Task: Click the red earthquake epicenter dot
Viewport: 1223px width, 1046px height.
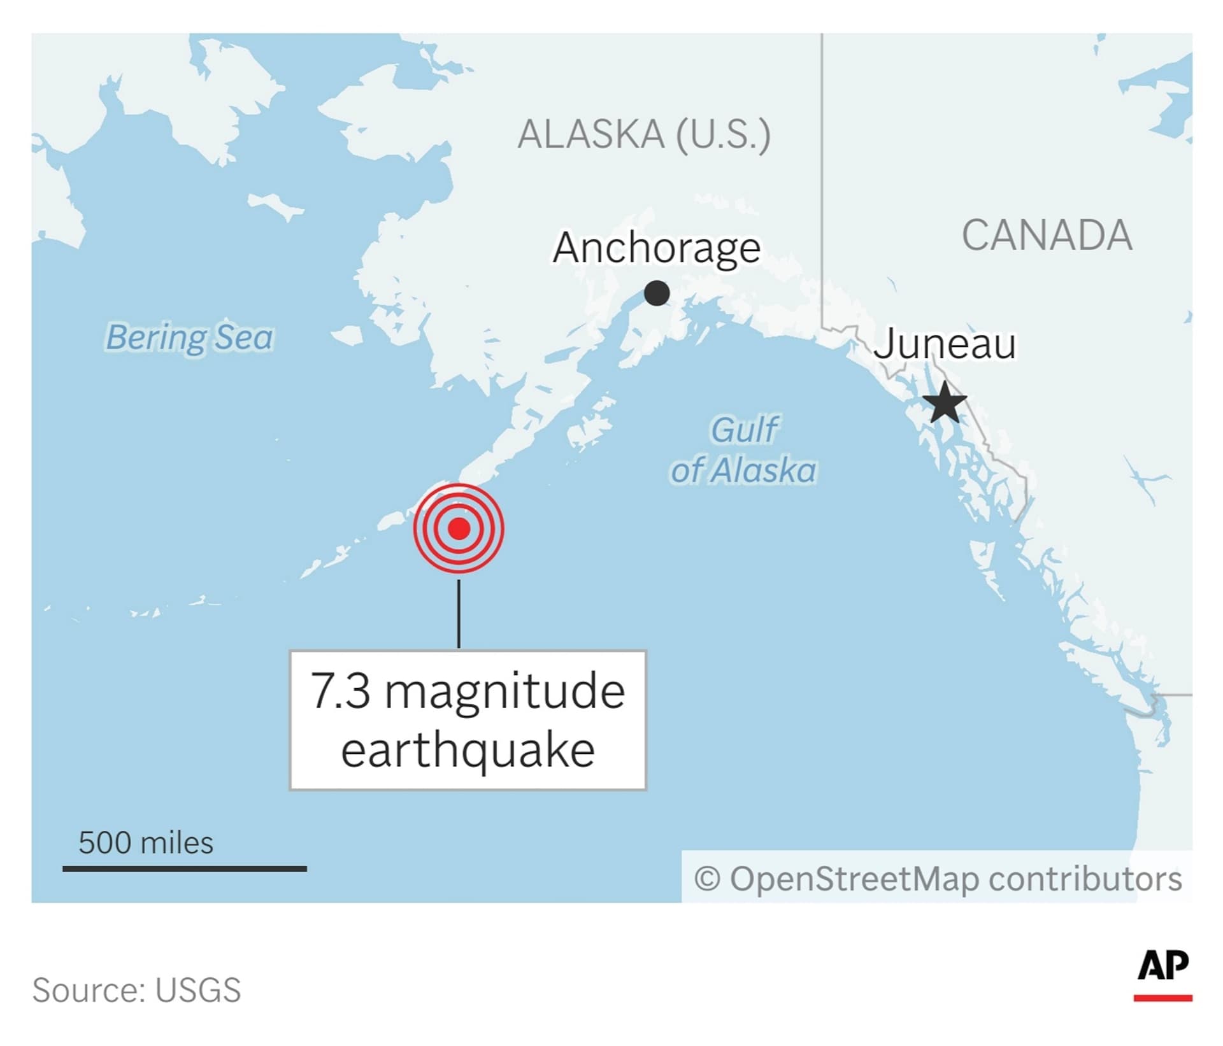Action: pyautogui.click(x=459, y=528)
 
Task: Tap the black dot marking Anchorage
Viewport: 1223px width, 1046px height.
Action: pyautogui.click(x=657, y=293)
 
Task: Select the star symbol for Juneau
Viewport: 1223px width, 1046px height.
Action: pyautogui.click(x=945, y=402)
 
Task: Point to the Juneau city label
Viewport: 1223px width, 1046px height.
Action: pyautogui.click(x=945, y=344)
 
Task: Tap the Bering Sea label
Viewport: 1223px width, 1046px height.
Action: pyautogui.click(x=189, y=337)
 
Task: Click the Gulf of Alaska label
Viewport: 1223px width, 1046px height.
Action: pyautogui.click(x=744, y=450)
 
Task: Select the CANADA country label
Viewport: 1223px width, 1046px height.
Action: pyautogui.click(x=1047, y=236)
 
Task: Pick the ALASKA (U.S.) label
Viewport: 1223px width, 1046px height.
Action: pyautogui.click(x=644, y=134)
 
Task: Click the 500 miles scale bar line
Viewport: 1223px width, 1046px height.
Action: pyautogui.click(x=185, y=868)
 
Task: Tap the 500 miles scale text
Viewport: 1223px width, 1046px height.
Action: pyautogui.click(x=146, y=842)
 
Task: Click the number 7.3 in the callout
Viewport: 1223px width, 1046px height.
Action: pyautogui.click(x=340, y=691)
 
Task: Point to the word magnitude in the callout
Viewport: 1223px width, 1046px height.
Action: pyautogui.click(x=504, y=691)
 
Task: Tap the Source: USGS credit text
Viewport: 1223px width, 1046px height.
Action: pyautogui.click(x=137, y=990)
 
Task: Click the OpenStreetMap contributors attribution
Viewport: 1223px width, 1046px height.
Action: pyautogui.click(x=955, y=879)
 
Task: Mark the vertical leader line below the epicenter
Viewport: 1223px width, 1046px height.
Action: pyautogui.click(x=459, y=613)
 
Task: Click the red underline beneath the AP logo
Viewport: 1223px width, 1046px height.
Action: pyautogui.click(x=1163, y=998)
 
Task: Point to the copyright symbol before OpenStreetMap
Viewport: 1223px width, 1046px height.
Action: pyautogui.click(x=707, y=879)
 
